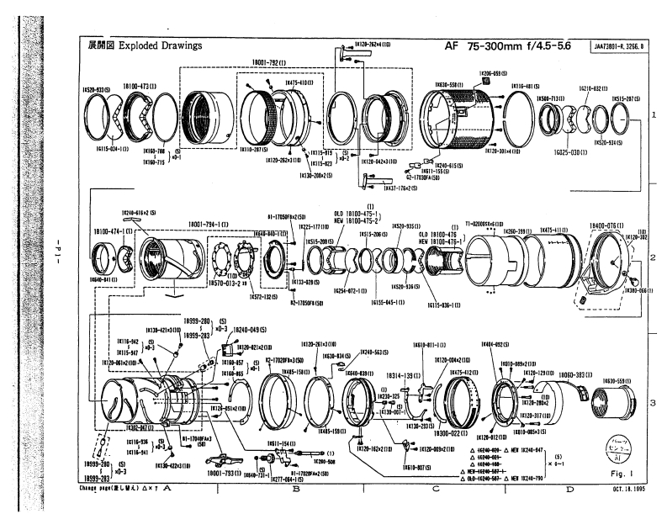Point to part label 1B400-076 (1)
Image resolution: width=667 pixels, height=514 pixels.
click(606, 226)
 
